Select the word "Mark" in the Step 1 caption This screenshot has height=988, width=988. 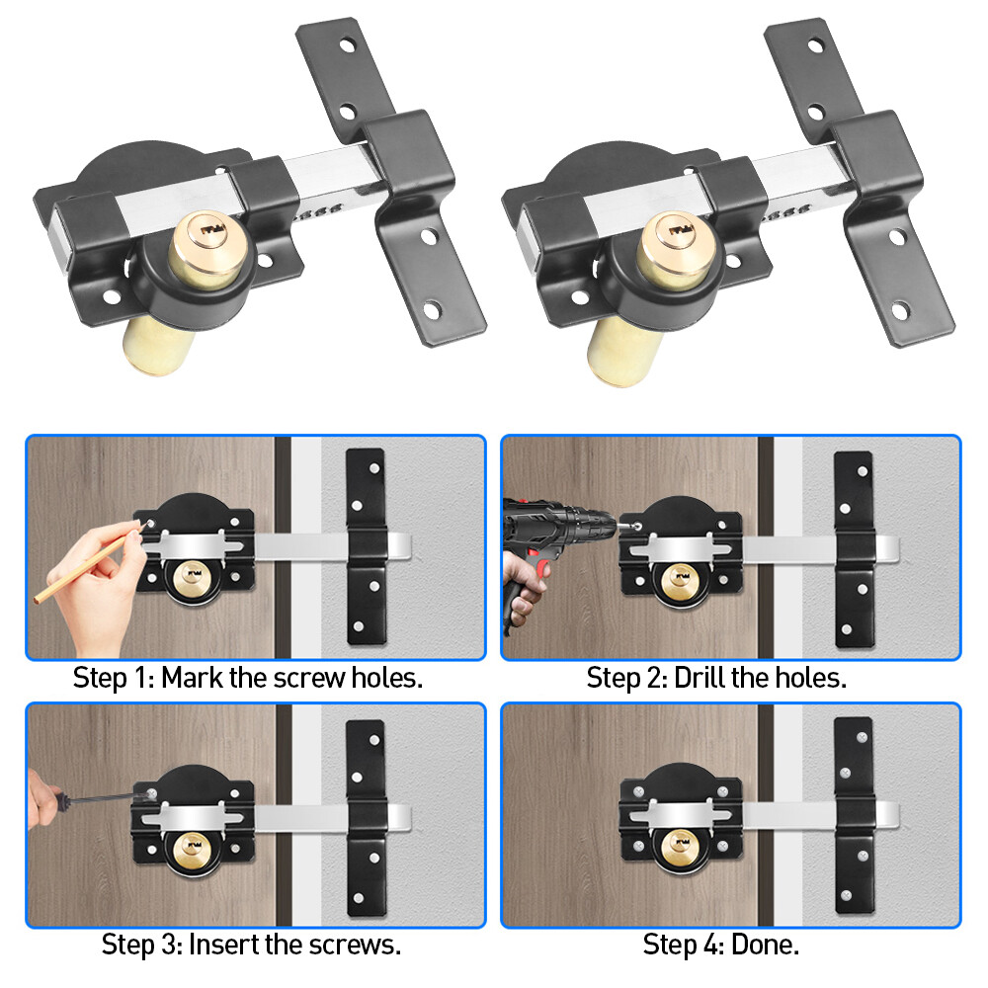pyautogui.click(x=194, y=679)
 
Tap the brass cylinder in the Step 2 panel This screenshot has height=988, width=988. pyautogui.click(x=681, y=577)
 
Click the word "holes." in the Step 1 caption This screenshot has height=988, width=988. pyautogui.click(x=389, y=679)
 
